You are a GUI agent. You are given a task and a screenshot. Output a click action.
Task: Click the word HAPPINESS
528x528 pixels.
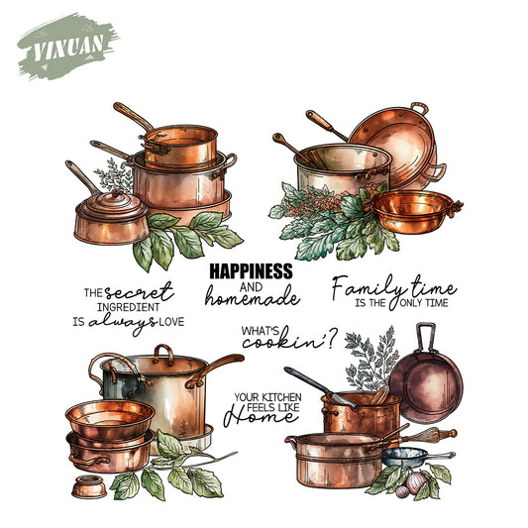[x=251, y=269]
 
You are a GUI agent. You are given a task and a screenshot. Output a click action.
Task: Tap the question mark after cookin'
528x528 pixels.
[x=331, y=340]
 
